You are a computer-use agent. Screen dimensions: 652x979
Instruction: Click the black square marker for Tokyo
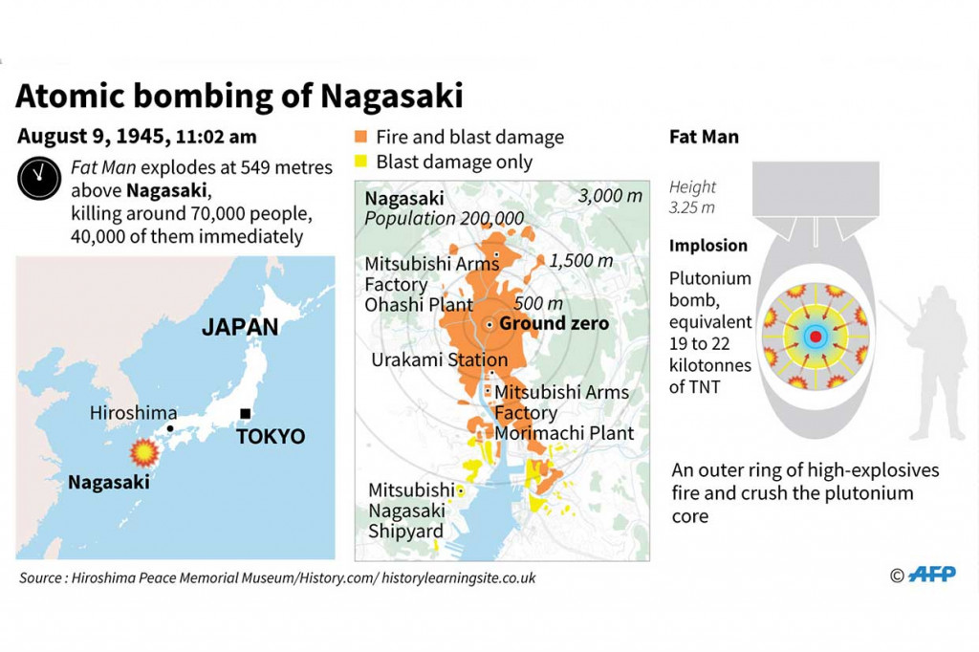[245, 413]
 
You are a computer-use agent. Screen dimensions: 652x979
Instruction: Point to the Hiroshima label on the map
[133, 413]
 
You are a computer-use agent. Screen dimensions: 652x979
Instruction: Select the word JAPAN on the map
[240, 327]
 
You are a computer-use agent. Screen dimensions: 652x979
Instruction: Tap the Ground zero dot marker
[489, 324]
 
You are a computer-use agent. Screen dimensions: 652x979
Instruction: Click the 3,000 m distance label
[610, 197]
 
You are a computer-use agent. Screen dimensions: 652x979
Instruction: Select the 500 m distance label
[538, 303]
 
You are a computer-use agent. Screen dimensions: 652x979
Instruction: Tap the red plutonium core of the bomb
[815, 337]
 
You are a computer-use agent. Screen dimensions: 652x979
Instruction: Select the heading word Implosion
[707, 246]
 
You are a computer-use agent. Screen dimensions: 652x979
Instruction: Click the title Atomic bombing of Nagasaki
[239, 96]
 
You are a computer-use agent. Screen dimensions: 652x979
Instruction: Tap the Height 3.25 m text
[693, 197]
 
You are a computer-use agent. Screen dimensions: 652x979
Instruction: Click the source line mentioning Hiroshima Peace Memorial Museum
[277, 577]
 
